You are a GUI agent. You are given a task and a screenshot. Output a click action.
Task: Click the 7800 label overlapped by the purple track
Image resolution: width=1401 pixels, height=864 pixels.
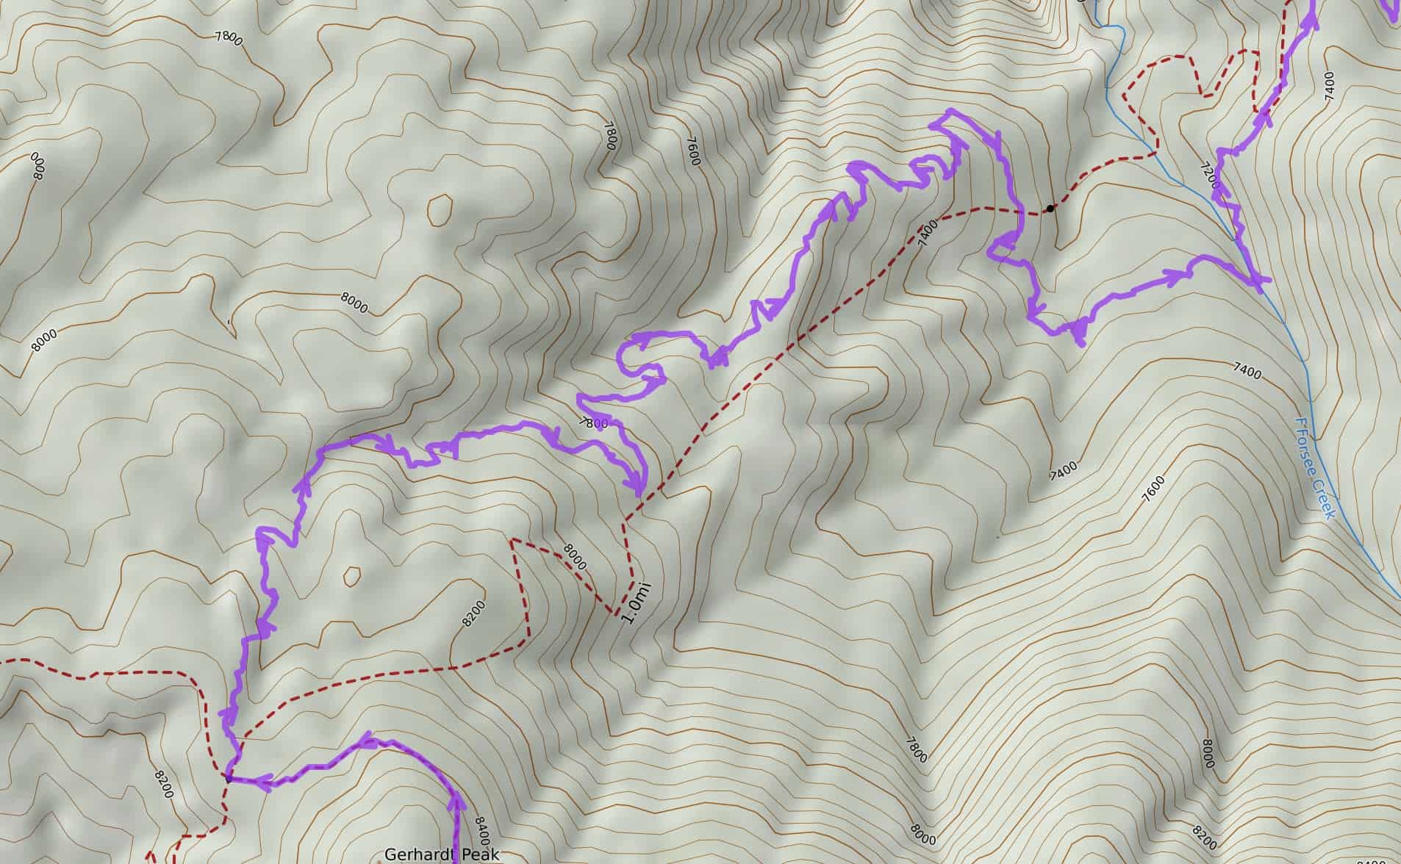[594, 423]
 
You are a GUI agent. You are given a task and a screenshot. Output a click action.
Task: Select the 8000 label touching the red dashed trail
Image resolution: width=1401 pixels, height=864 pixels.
[575, 556]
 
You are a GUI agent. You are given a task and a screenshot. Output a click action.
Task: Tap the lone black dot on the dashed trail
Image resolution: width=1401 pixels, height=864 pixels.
[1050, 209]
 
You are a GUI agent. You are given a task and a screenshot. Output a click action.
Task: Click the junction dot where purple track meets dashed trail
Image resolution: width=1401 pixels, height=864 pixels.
[229, 778]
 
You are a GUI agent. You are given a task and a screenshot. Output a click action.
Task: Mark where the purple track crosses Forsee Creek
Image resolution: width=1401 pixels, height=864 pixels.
[1258, 280]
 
